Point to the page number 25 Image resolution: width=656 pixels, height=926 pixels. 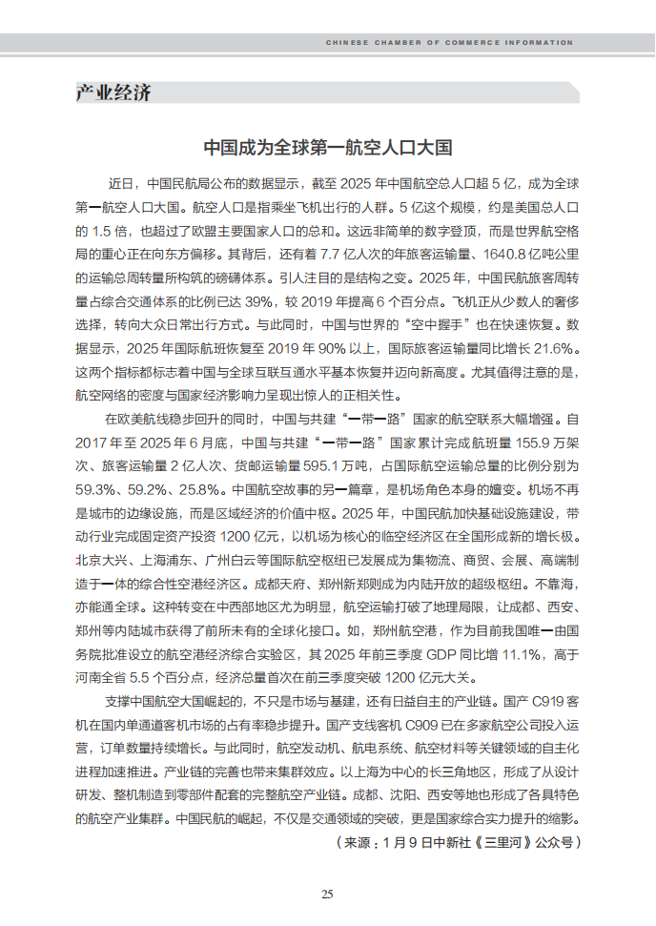327,894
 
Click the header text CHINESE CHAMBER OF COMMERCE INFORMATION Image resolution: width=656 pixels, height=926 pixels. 449,43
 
